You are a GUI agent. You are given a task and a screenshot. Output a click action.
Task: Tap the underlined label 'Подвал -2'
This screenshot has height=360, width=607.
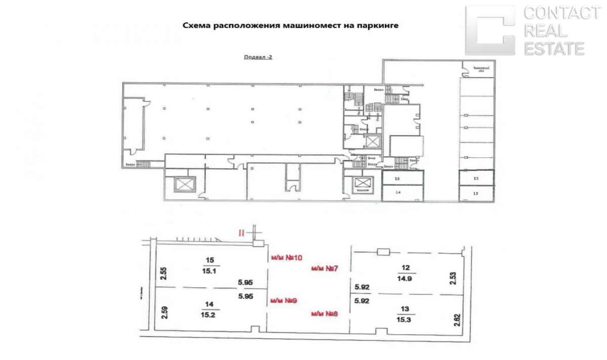pyautogui.click(x=258, y=57)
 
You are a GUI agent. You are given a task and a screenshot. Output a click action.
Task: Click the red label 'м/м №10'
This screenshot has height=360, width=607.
pyautogui.click(x=286, y=258)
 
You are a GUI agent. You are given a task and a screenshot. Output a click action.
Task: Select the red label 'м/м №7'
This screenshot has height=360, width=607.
pyautogui.click(x=325, y=268)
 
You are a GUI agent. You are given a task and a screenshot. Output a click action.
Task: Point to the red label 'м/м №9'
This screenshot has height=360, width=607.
pyautogui.click(x=284, y=301)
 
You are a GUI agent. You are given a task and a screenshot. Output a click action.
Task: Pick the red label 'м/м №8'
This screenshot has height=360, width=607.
pyautogui.click(x=325, y=313)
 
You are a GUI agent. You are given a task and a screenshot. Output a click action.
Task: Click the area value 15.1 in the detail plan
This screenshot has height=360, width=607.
pyautogui.click(x=210, y=271)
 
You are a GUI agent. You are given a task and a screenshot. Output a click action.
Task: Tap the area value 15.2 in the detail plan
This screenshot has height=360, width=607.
pyautogui.click(x=209, y=314)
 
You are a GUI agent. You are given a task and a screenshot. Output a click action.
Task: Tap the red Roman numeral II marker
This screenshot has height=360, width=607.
pyautogui.click(x=242, y=233)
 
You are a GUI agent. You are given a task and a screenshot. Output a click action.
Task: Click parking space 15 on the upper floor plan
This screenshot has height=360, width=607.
pyautogui.click(x=398, y=179)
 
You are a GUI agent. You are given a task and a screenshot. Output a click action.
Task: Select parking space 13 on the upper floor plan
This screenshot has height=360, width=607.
pyautogui.click(x=475, y=193)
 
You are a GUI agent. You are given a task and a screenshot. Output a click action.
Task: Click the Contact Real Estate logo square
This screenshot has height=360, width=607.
pyautogui.click(x=490, y=30)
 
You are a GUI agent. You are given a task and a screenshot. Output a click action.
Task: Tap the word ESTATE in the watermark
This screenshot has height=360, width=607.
pyautogui.click(x=554, y=49)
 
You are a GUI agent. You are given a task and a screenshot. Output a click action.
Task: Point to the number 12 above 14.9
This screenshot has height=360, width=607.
pyautogui.click(x=406, y=267)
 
